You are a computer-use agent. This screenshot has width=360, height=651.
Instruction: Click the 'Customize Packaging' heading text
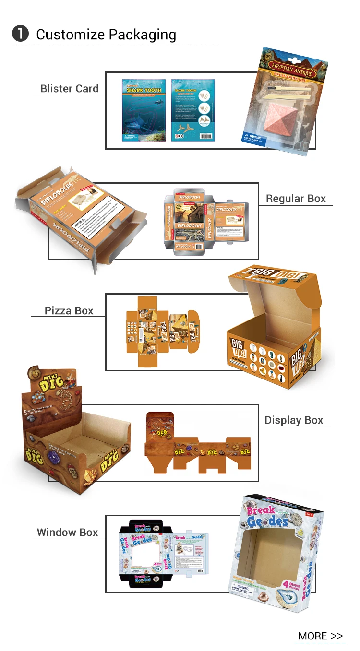tap(106, 35)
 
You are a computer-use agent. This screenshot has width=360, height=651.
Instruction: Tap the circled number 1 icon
tap(20, 34)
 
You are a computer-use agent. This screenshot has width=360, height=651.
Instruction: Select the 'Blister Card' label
tap(69, 89)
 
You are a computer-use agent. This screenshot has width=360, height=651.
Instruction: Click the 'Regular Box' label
tap(296, 199)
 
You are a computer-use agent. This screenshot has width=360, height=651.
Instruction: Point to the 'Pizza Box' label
tap(69, 311)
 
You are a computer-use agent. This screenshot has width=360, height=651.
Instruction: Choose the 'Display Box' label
tap(294, 420)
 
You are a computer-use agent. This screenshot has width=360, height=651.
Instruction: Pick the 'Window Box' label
tap(67, 533)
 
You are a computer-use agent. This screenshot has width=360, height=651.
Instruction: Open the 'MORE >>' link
tap(320, 636)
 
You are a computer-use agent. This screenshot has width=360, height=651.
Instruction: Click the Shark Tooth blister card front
tap(144, 110)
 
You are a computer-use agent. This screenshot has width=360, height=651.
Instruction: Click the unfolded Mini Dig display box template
tap(198, 441)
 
